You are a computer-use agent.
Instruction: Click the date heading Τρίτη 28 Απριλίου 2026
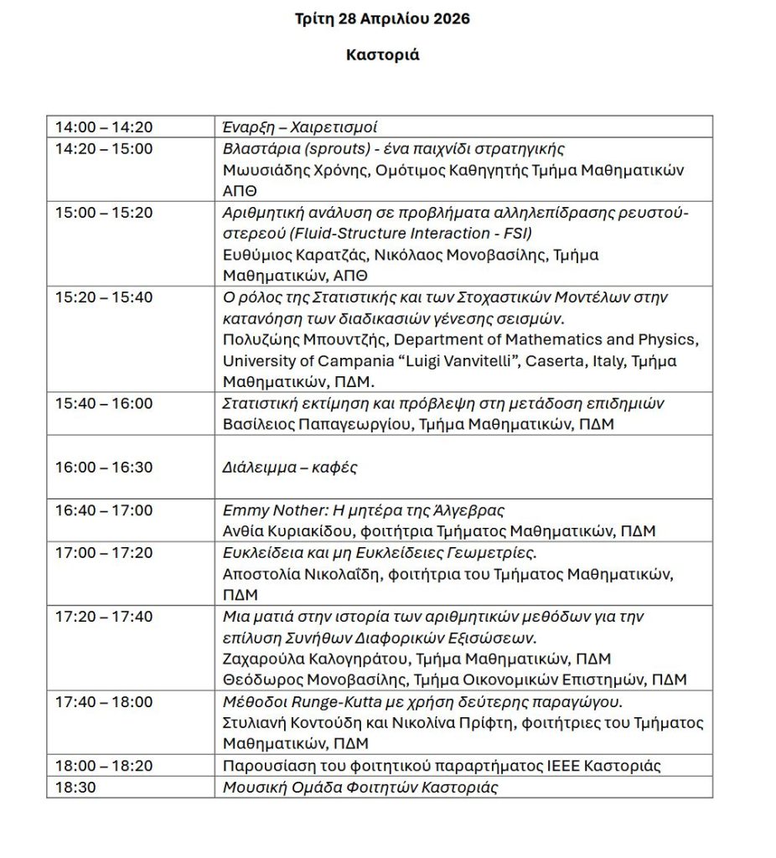click(382, 18)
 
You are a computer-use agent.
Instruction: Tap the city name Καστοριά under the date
click(382, 55)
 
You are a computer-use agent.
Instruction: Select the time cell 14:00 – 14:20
click(104, 127)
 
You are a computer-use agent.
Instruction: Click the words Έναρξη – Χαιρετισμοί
click(299, 127)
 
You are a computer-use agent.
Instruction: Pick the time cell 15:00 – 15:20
click(104, 213)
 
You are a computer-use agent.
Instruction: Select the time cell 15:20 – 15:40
click(104, 297)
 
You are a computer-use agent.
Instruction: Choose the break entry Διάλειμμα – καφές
click(289, 468)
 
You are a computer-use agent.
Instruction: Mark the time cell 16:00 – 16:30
click(104, 468)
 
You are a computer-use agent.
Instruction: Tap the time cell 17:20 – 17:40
click(104, 617)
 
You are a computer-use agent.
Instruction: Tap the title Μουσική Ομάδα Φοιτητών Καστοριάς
click(360, 788)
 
